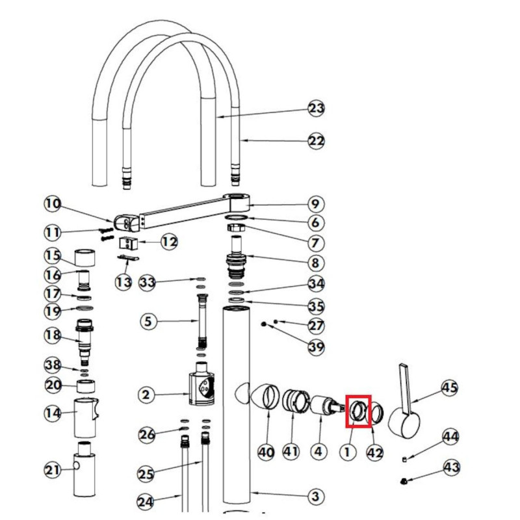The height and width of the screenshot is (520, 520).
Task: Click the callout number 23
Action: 316,109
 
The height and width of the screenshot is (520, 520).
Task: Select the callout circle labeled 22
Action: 316,141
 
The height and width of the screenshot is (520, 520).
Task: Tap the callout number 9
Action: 315,204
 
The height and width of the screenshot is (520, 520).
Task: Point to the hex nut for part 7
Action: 236,227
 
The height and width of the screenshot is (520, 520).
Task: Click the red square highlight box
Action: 358,411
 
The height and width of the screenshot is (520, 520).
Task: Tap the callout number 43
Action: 451,467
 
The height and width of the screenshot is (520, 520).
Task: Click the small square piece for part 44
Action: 404,459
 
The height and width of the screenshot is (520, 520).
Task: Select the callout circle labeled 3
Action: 315,496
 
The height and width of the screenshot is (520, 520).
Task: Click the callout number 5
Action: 148,321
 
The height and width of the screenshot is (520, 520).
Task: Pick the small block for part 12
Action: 128,244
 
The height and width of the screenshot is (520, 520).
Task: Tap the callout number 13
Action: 123,283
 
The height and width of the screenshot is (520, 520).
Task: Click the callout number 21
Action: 53,470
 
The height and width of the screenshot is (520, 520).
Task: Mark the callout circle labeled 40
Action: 266,452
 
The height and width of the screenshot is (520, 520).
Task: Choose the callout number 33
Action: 148,283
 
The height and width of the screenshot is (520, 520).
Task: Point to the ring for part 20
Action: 86,386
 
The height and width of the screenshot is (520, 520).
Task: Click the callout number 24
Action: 146,501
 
